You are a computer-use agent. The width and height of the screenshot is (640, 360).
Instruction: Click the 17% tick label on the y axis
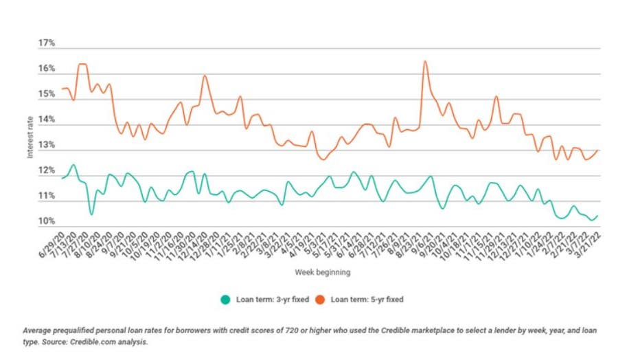(x=46, y=43)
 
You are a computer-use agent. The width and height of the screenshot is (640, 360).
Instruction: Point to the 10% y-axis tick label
(x=46, y=222)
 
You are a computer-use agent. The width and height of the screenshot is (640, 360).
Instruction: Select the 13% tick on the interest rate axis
(x=46, y=146)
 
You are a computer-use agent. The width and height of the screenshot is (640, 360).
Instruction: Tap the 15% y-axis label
(x=46, y=94)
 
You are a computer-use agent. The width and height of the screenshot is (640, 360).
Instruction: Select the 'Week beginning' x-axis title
(x=322, y=273)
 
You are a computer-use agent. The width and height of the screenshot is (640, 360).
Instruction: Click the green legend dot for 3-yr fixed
(x=225, y=299)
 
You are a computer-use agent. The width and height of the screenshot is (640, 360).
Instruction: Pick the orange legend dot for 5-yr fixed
(x=321, y=299)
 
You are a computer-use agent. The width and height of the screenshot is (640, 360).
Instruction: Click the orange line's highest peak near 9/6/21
(x=425, y=61)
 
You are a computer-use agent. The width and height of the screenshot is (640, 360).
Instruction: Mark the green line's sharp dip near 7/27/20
(x=91, y=215)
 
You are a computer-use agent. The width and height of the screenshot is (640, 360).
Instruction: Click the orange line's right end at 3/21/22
(x=599, y=150)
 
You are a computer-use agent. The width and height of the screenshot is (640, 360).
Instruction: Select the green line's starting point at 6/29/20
(x=62, y=179)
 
